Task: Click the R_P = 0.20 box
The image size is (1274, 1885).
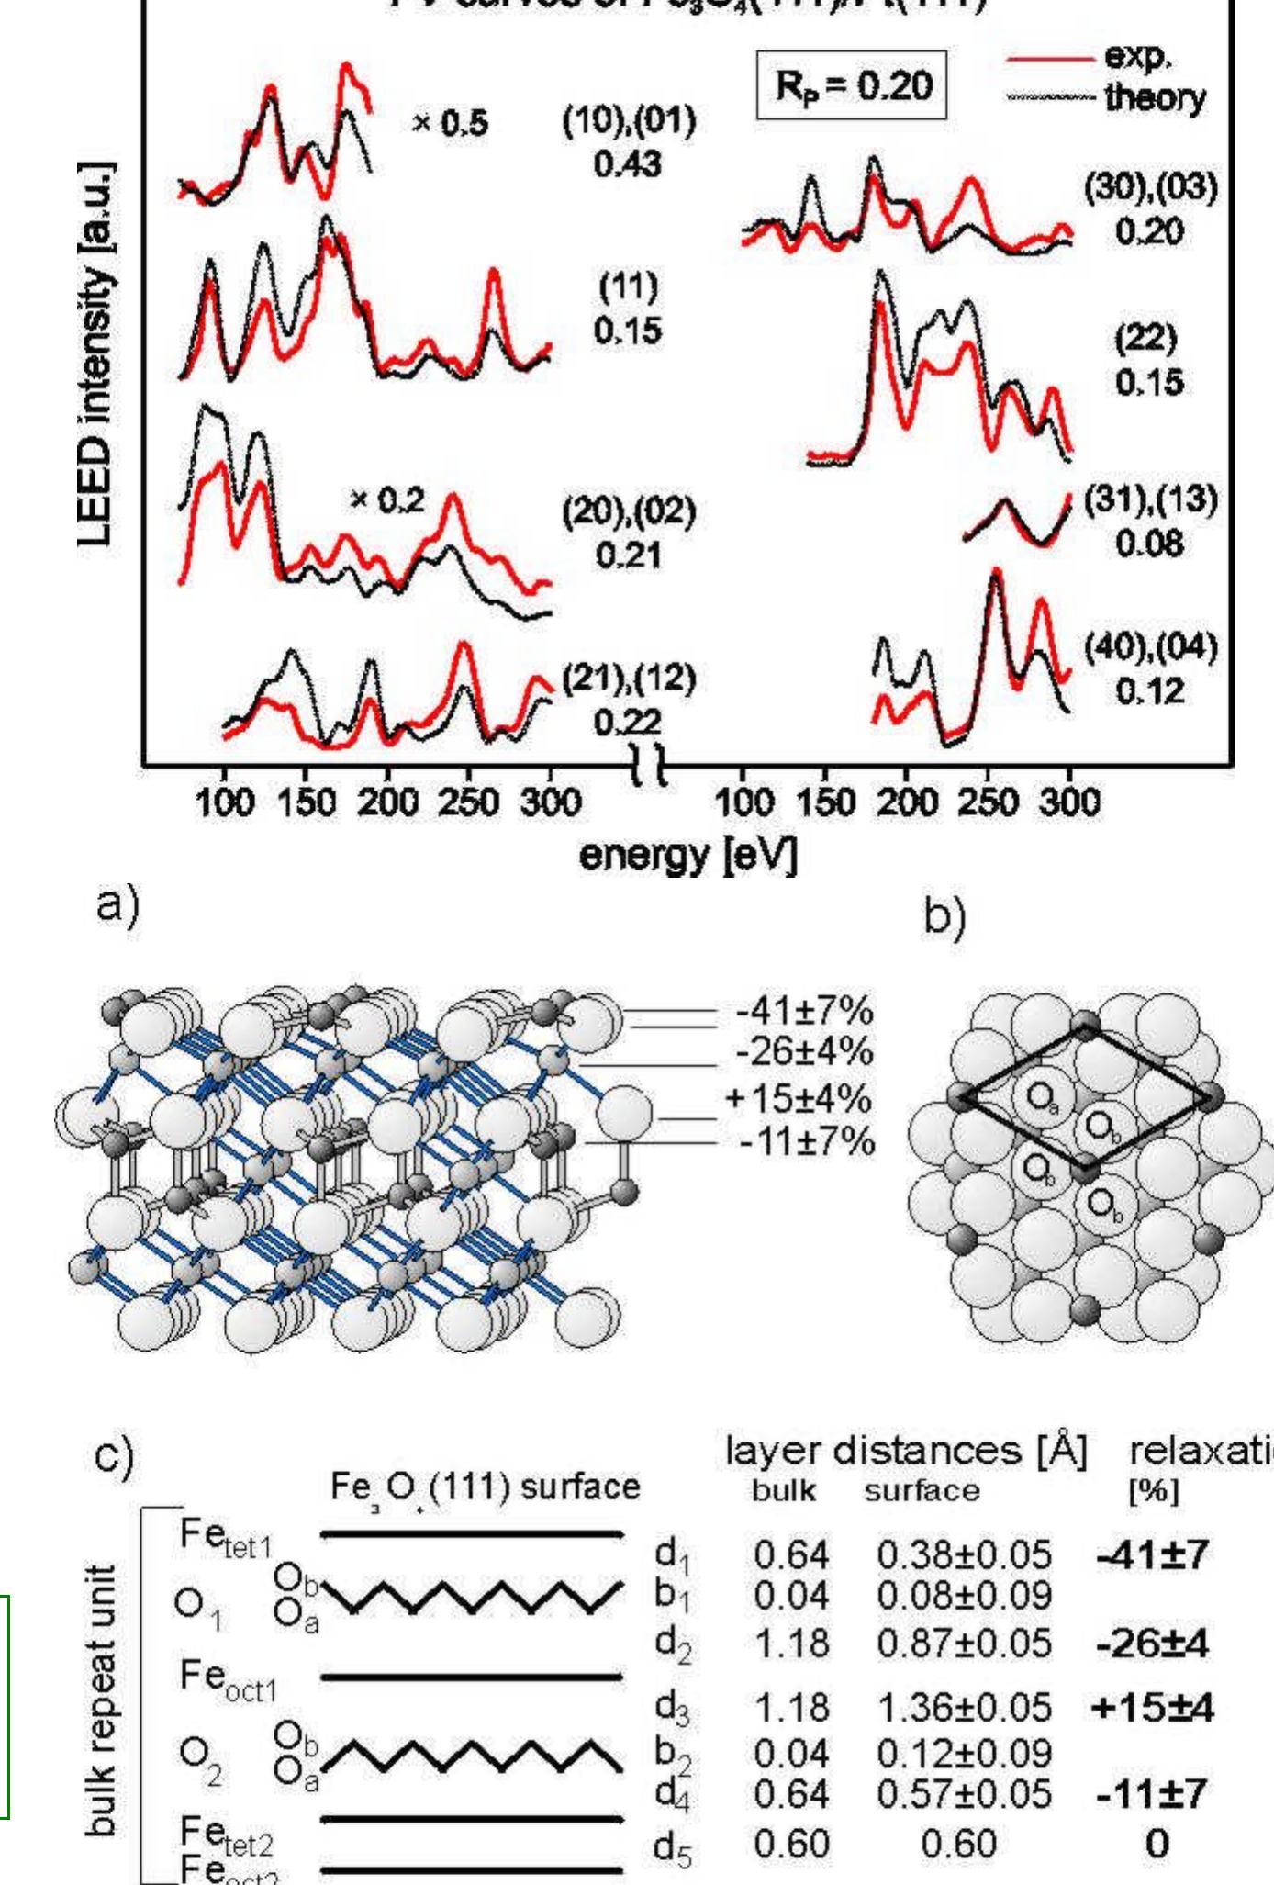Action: [850, 86]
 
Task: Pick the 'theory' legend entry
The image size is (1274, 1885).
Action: [1155, 98]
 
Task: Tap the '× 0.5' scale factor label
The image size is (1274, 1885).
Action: [451, 124]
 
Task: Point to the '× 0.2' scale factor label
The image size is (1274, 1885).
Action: [388, 500]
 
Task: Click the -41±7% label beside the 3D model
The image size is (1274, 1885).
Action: [804, 1012]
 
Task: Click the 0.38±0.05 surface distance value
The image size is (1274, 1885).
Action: [964, 1554]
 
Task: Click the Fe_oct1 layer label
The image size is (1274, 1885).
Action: [229, 1678]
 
